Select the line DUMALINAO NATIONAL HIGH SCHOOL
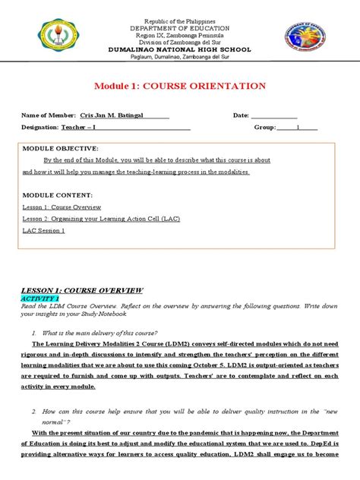[180, 49]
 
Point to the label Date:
[241, 115]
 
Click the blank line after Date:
[273, 116]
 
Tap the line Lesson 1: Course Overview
[62, 207]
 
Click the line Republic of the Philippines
[180, 17]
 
